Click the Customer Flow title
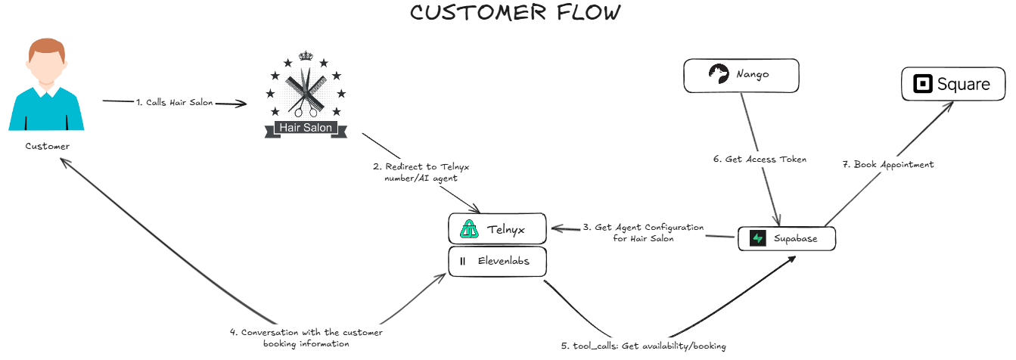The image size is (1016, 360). point(515,13)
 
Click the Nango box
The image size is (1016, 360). point(741,75)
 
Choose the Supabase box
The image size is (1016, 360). point(786,239)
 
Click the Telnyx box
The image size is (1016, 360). point(496,228)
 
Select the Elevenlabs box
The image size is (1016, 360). point(496,261)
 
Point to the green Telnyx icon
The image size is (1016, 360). point(470,228)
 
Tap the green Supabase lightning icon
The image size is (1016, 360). point(758,239)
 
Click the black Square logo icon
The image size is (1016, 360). point(922,84)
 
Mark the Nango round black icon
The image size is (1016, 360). point(718,74)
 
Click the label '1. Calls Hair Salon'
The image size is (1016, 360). point(175,102)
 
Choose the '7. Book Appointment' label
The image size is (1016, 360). point(888,164)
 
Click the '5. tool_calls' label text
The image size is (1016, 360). point(643,346)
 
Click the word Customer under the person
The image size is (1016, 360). point(47,146)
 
